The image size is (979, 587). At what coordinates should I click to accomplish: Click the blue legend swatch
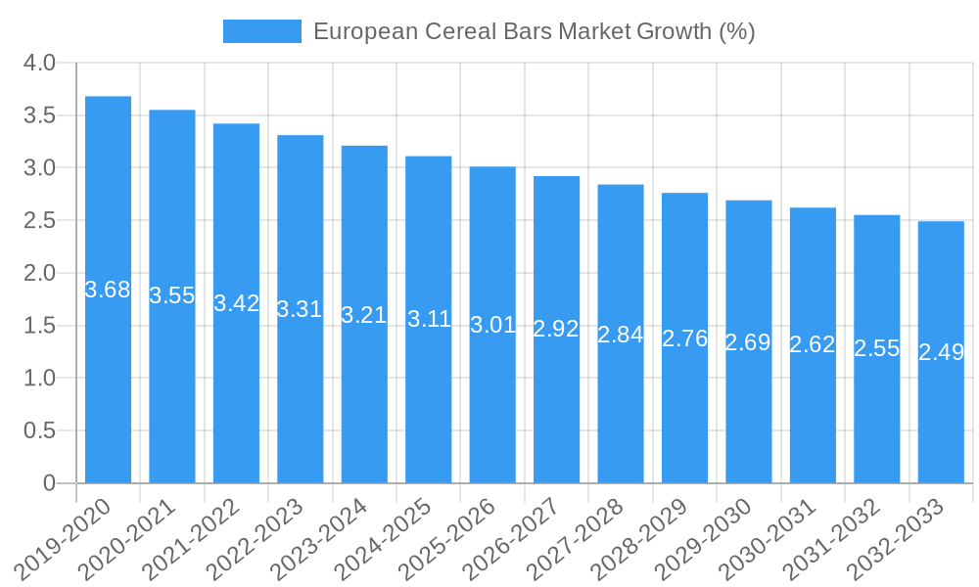pyautogui.click(x=261, y=31)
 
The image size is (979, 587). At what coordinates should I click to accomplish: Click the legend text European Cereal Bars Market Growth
pyautogui.click(x=534, y=31)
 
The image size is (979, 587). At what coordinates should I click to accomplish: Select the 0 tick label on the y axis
pyautogui.click(x=50, y=483)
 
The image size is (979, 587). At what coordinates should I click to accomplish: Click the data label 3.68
pyautogui.click(x=108, y=290)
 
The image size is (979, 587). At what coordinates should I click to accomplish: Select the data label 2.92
pyautogui.click(x=556, y=329)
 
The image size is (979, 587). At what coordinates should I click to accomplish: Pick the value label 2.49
pyautogui.click(x=941, y=352)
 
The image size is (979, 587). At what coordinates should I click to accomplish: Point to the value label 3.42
pyautogui.click(x=236, y=303)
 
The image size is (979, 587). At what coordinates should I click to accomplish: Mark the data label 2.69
pyautogui.click(x=748, y=342)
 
